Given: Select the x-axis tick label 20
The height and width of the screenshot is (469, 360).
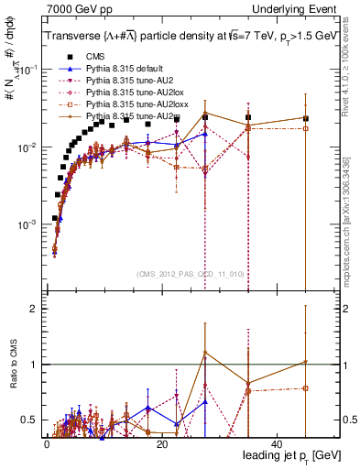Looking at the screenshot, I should (x=162, y=443).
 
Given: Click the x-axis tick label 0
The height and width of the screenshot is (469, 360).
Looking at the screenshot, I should (x=47, y=443).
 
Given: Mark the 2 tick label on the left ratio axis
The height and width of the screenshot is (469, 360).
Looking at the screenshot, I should (x=33, y=310).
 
